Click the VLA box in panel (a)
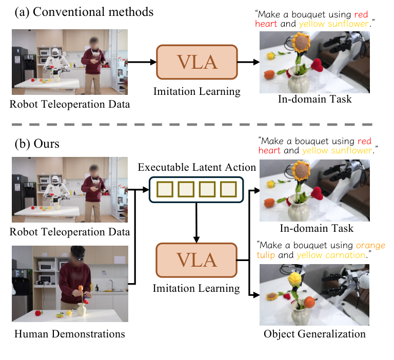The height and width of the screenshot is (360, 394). (x=197, y=63)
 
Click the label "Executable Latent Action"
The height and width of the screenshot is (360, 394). (x=196, y=167)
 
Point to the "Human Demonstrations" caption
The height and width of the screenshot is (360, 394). (x=70, y=334)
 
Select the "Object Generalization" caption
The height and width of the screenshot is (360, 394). (x=314, y=334)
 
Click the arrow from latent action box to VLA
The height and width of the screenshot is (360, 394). (x=195, y=223)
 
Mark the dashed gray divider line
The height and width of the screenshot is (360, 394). (x=197, y=124)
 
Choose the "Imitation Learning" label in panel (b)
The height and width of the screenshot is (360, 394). (x=196, y=288)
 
